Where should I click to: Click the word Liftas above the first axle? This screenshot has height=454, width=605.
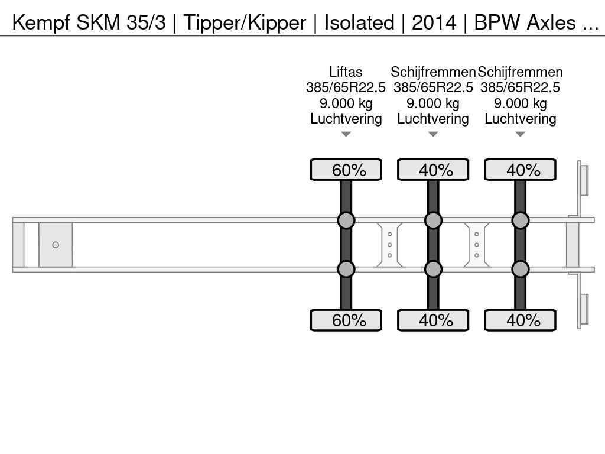(x=346, y=72)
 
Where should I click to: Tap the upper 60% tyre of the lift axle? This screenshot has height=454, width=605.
(x=346, y=170)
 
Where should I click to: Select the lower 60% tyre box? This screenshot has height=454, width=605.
(x=346, y=320)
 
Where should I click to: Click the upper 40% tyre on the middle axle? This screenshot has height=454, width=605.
(x=433, y=170)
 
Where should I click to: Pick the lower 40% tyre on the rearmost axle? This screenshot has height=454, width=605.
(x=520, y=320)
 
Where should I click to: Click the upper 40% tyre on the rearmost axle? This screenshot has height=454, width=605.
(x=520, y=170)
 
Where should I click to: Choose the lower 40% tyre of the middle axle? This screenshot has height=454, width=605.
(x=433, y=320)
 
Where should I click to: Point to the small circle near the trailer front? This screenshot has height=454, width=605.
(x=56, y=245)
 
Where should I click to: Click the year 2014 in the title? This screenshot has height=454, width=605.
(x=434, y=22)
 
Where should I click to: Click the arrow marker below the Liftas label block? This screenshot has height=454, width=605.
(x=346, y=134)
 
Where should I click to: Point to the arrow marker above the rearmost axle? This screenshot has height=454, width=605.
(x=520, y=134)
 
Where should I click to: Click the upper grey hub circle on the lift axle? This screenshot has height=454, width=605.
(x=346, y=220)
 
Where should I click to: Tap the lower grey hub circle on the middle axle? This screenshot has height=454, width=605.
(x=433, y=269)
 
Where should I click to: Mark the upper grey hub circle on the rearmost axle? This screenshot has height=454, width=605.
(x=520, y=220)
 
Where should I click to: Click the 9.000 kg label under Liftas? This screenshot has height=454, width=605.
(x=346, y=103)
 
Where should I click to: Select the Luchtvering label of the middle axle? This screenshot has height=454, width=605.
(x=433, y=119)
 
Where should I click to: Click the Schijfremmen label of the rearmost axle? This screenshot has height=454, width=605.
(x=520, y=72)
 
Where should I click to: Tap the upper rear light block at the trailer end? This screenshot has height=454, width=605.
(x=584, y=179)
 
